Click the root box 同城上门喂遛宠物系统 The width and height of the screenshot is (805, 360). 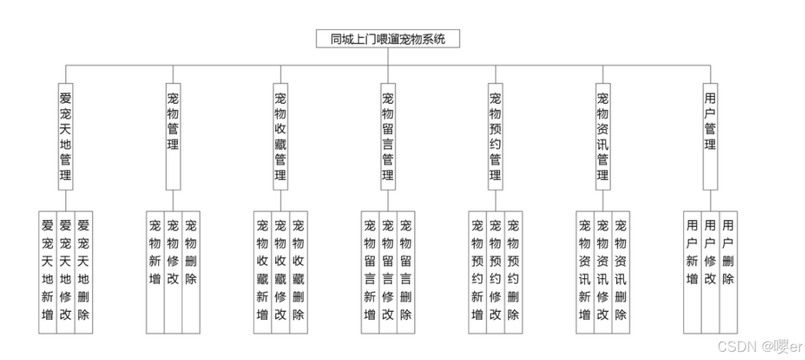pyautogui.click(x=388, y=39)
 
